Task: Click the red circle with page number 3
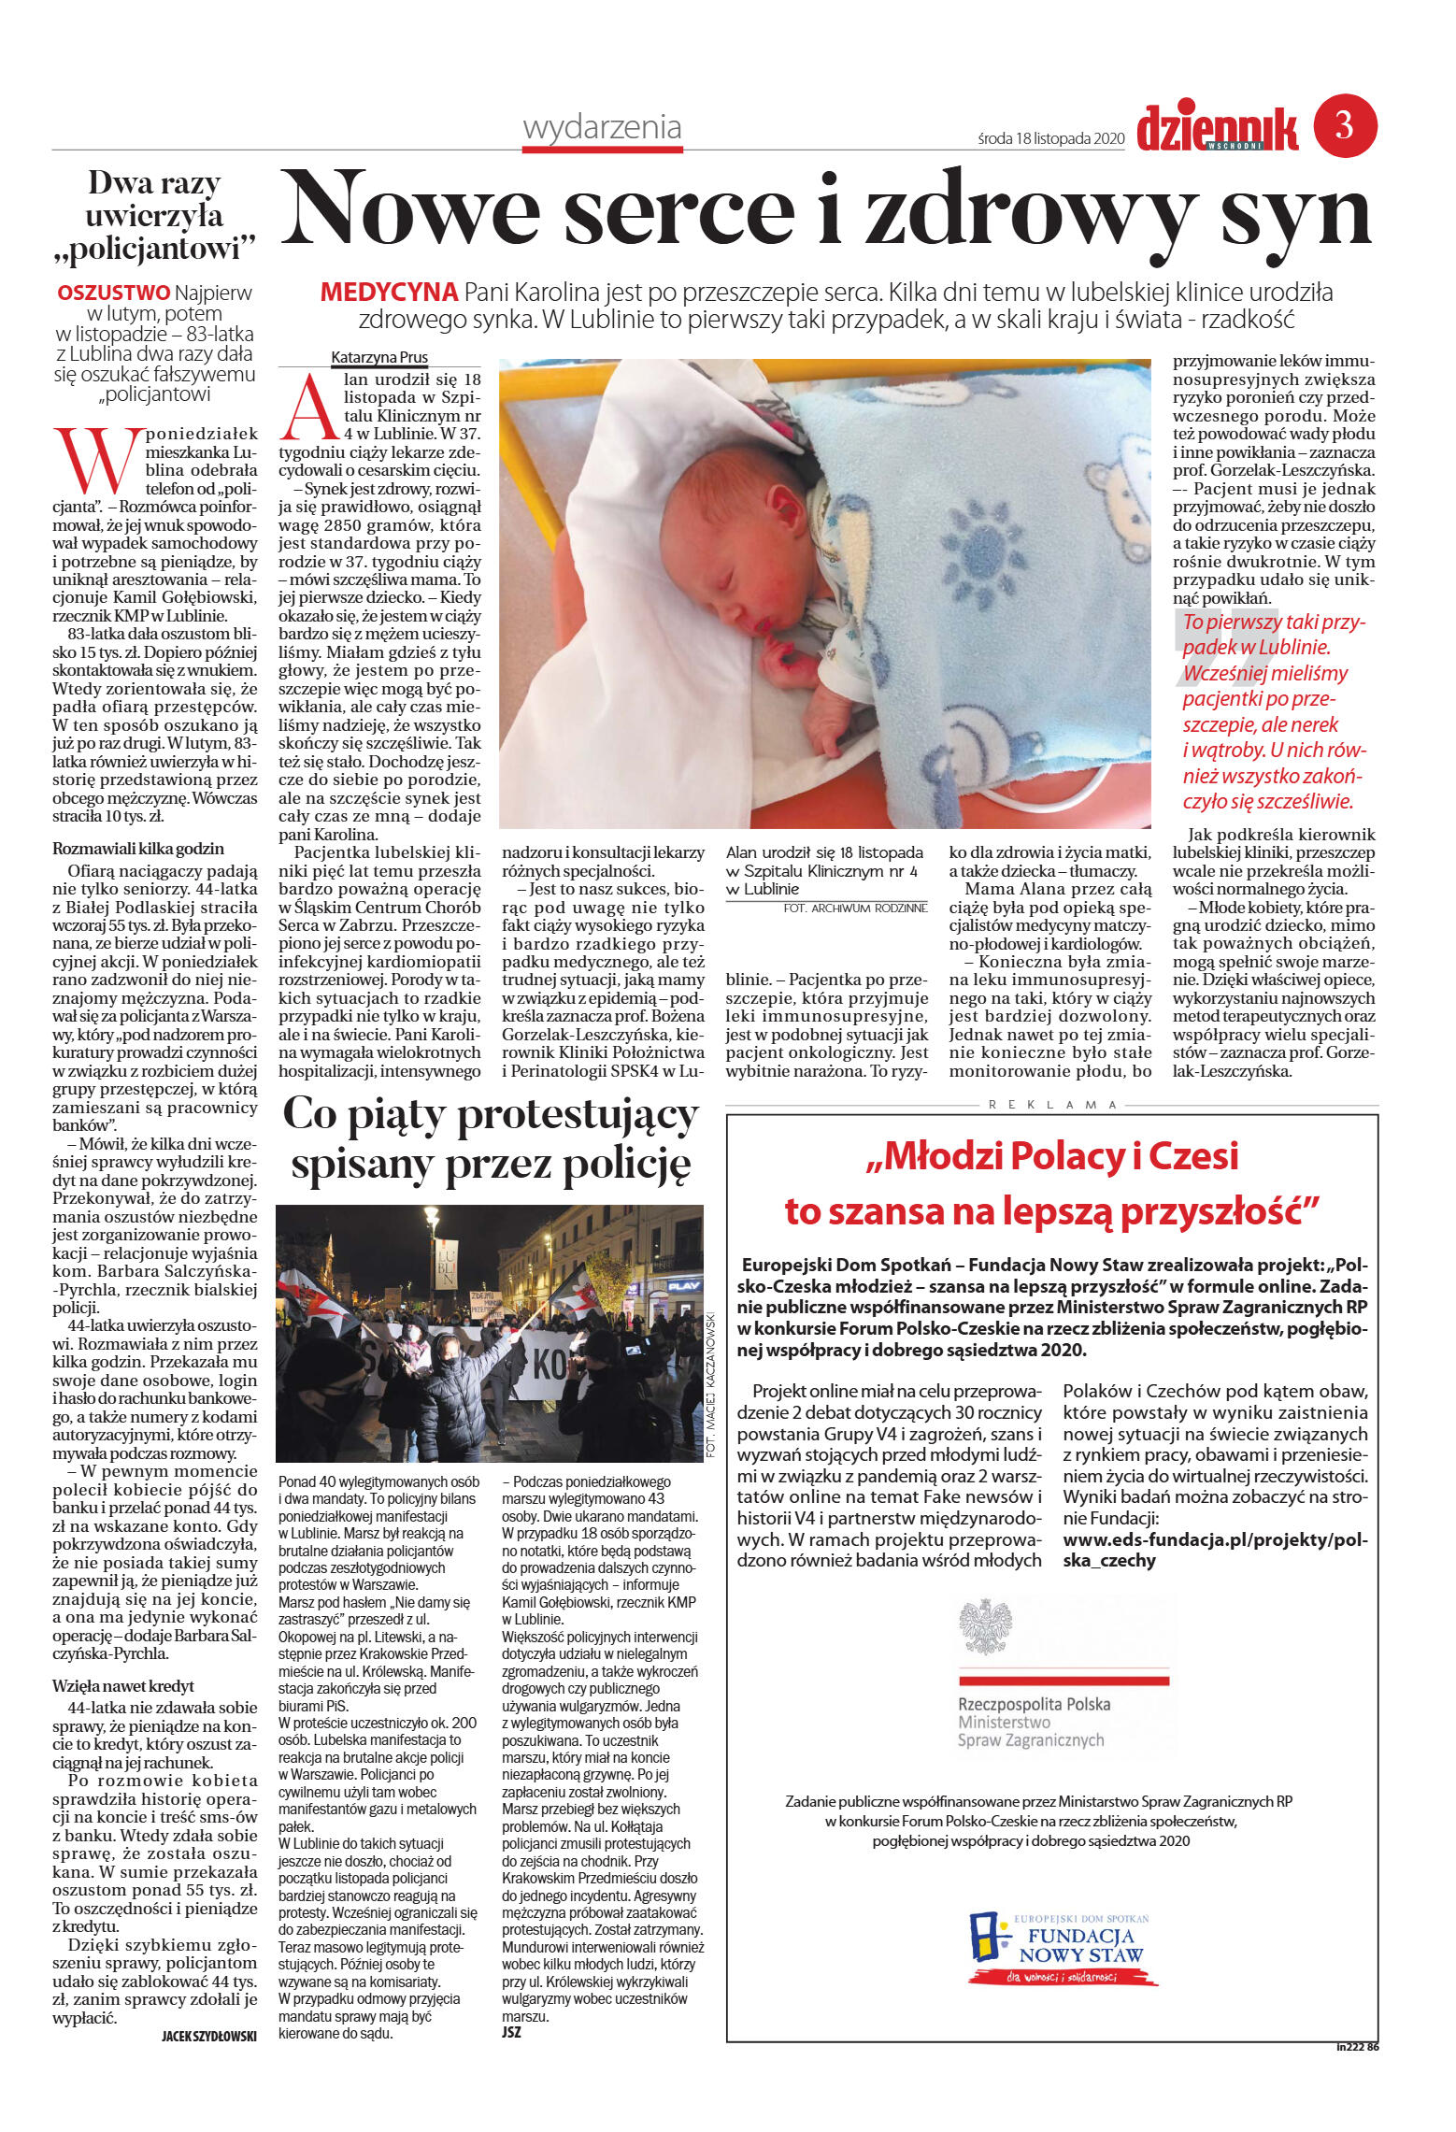(x=1345, y=125)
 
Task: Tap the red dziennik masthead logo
(x=1217, y=129)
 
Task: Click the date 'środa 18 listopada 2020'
(x=1049, y=139)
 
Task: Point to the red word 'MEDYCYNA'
(x=389, y=293)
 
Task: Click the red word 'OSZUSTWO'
(x=114, y=293)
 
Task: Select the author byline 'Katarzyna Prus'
(x=379, y=357)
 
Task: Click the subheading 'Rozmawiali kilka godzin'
(x=138, y=849)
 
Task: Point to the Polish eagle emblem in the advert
(x=986, y=1627)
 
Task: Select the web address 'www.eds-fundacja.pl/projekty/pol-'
(x=1214, y=1539)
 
